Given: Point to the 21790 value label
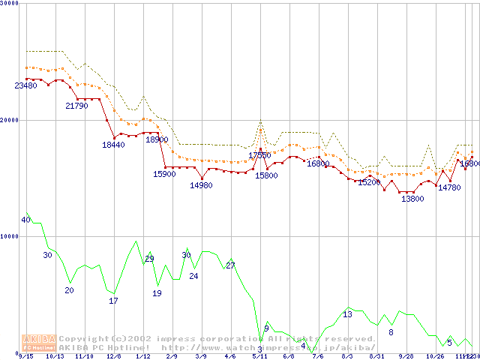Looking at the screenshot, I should tap(76, 106).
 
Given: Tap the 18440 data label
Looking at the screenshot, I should tap(114, 145).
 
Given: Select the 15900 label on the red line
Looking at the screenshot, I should tap(164, 174).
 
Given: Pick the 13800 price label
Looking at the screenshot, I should tap(412, 199).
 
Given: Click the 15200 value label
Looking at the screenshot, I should tap(369, 182).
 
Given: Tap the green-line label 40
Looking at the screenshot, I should tap(25, 220).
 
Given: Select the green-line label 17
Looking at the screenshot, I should tap(114, 301).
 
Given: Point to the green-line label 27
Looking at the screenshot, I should tap(230, 266).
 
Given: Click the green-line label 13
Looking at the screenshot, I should tap(347, 315).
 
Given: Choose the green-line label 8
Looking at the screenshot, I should tap(391, 332).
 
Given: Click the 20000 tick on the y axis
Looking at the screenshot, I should tap(10, 120).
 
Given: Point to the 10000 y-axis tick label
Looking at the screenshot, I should tap(10, 236).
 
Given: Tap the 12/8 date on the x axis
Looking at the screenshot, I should tap(114, 357).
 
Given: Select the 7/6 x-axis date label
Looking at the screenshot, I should tap(317, 357).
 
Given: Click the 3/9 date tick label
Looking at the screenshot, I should tap(200, 357).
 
